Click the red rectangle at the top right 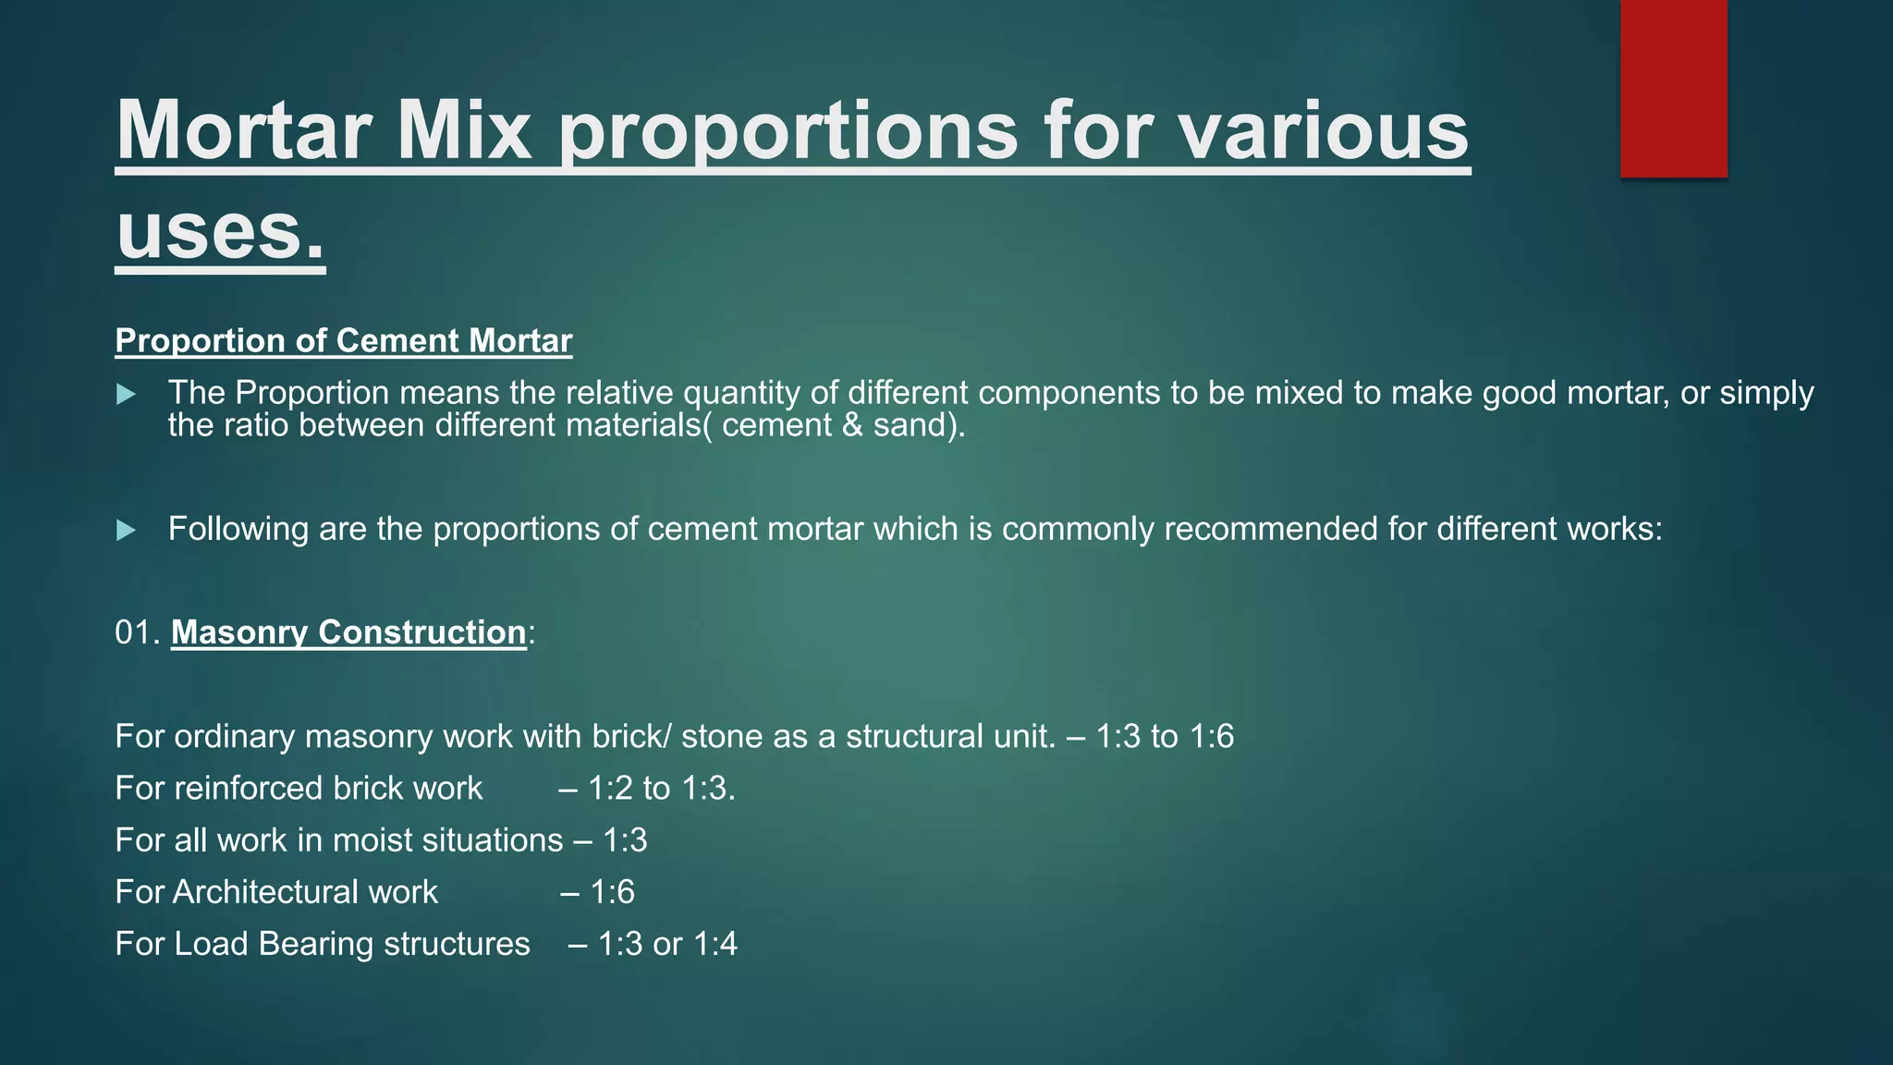[1673, 88]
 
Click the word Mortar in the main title [243, 130]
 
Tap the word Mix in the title [464, 130]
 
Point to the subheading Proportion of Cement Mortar [343, 340]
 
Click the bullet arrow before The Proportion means [127, 395]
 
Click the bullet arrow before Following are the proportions [127, 531]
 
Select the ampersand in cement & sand [852, 425]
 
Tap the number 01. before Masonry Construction [138, 632]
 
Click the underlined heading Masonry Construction [348, 632]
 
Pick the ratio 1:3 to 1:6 [1164, 737]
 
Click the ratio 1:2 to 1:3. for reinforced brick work [661, 789]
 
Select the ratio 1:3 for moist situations [625, 840]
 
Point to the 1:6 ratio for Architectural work [612, 892]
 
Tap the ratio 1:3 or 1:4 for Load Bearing [666, 944]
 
